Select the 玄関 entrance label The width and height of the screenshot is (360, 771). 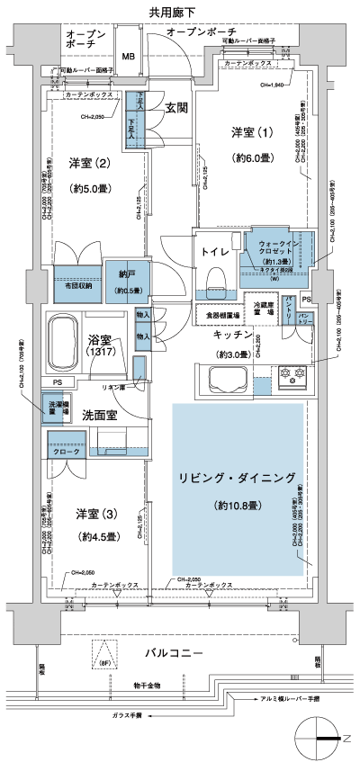(175, 108)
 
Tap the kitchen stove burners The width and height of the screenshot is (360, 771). (294, 346)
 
